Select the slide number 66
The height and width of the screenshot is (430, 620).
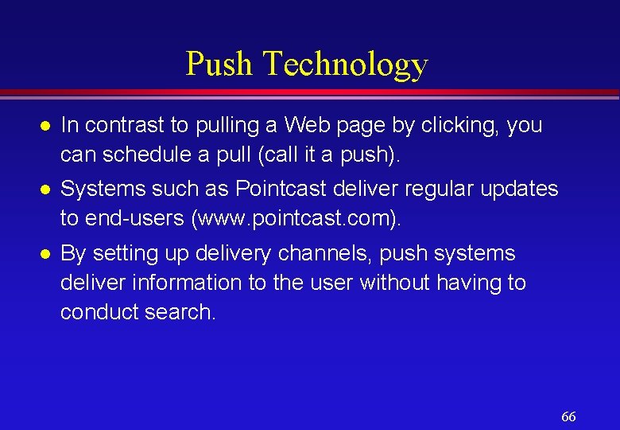568,417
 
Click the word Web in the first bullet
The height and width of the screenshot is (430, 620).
306,125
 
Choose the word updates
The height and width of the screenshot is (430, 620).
521,189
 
